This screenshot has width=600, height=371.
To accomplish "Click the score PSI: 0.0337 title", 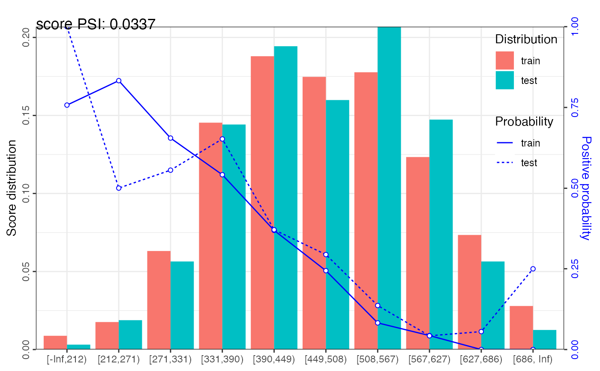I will coord(96,25).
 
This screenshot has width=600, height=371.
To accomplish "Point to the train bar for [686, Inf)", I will coord(521,327).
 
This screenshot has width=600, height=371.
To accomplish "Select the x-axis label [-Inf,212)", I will coord(67,359).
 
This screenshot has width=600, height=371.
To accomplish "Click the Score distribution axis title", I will coord(12,188).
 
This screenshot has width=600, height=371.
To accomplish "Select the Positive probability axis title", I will coord(586,188).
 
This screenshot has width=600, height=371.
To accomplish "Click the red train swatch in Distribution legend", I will coord(504,60).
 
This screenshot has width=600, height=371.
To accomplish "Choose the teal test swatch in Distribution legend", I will coord(504,80).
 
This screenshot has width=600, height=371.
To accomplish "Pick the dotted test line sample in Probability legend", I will coord(504,163).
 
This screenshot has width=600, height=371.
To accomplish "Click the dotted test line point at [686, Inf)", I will coord(533,269).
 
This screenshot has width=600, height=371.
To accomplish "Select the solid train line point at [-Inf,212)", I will coord(67,105).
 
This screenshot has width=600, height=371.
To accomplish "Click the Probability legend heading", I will coord(524,122).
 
